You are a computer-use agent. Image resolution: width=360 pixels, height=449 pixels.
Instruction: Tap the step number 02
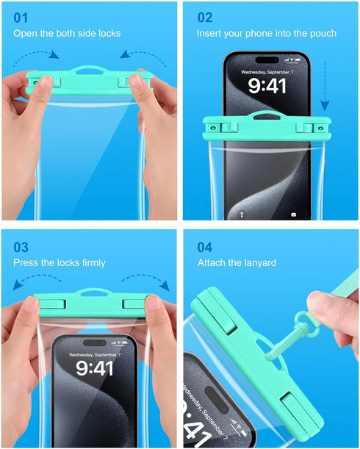[205, 17]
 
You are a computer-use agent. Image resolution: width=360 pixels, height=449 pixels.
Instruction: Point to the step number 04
[206, 246]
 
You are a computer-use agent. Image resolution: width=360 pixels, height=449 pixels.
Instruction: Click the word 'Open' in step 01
[26, 34]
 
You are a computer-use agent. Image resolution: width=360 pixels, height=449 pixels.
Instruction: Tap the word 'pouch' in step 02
[323, 34]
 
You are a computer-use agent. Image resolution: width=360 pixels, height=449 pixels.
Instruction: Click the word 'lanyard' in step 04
[259, 263]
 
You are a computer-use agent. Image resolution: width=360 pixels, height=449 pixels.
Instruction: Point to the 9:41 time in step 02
[267, 86]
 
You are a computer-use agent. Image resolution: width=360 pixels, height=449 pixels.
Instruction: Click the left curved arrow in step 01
[42, 55]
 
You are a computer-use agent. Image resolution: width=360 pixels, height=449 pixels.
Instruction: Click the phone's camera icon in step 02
[294, 215]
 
